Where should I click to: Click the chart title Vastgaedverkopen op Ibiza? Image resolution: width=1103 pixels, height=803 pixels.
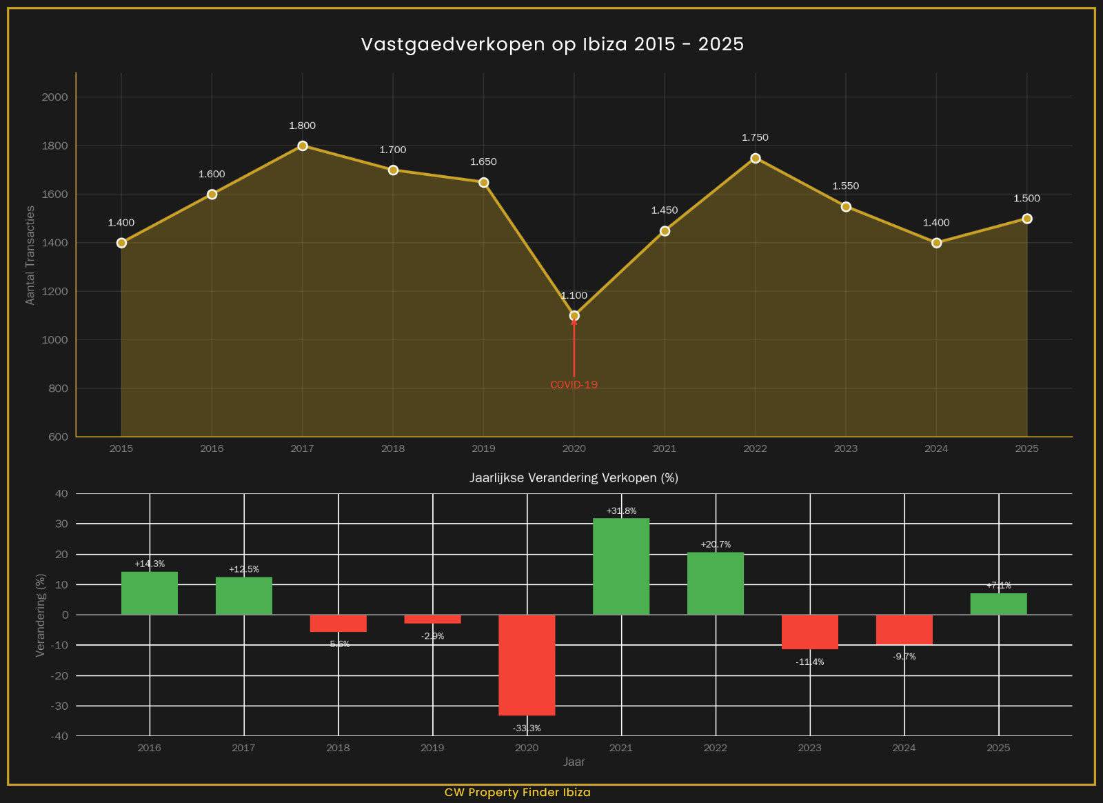[552, 44]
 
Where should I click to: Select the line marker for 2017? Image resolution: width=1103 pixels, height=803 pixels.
[303, 146]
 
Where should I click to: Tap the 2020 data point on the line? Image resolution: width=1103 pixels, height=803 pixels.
[574, 316]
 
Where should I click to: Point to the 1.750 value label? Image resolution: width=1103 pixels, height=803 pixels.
[755, 137]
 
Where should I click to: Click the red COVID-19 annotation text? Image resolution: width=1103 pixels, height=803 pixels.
[574, 385]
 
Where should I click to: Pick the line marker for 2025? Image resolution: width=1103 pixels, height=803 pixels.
[1026, 219]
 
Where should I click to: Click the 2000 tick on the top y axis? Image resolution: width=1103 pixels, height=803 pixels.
[55, 97]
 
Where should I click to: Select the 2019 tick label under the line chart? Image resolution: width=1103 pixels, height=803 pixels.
[483, 448]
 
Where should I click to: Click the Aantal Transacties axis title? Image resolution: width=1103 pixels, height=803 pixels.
[30, 255]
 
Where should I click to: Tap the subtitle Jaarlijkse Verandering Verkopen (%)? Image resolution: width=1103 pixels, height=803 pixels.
[574, 477]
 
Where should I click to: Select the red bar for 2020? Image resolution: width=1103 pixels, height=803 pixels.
[527, 664]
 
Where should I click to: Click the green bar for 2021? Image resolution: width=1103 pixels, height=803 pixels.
[621, 566]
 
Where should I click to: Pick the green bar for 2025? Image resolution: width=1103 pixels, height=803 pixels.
[998, 604]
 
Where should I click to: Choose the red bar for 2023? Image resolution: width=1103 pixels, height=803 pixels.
[810, 631]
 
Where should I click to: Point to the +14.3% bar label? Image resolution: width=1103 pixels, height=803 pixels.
[150, 564]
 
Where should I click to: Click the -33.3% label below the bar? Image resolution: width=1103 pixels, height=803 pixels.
[527, 728]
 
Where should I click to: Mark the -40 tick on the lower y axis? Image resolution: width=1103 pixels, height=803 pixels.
[59, 736]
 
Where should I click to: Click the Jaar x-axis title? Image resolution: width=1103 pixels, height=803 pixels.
[574, 762]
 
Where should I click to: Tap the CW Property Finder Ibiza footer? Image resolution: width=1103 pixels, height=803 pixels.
[517, 792]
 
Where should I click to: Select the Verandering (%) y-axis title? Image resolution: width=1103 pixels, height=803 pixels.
[40, 615]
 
